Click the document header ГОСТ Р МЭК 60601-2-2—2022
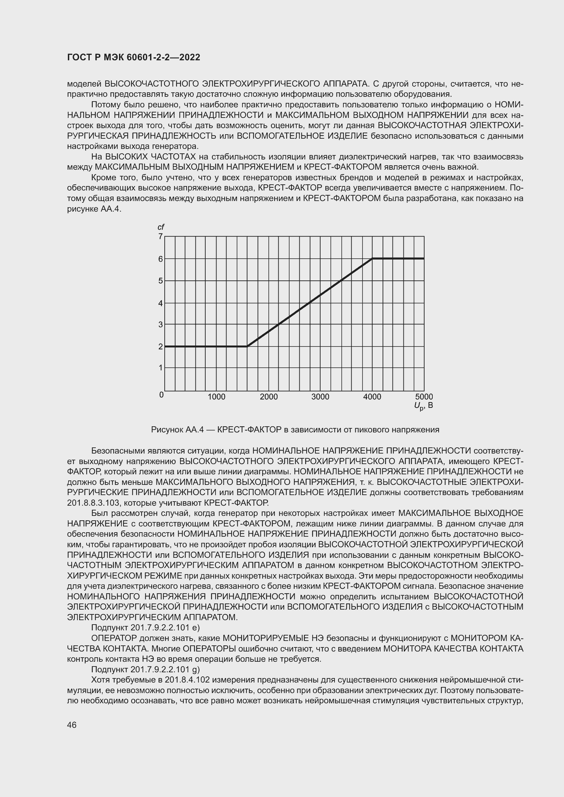[x=134, y=58]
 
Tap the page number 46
[x=72, y=725]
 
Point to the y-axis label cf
[x=161, y=227]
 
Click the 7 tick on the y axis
[x=161, y=237]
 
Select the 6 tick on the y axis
[x=161, y=259]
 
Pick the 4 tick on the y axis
[x=161, y=303]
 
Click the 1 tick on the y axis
[x=161, y=368]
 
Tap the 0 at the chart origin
[x=162, y=395]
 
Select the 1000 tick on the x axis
[x=217, y=397]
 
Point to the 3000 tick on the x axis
[x=320, y=397]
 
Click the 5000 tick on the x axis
[x=424, y=397]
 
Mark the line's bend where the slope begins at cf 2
[x=247, y=346]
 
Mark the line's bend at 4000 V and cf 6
[x=372, y=259]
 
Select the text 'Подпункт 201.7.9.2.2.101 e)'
[x=145, y=628]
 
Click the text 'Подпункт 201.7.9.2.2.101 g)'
[x=145, y=669]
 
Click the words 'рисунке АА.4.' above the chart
[x=94, y=209]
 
